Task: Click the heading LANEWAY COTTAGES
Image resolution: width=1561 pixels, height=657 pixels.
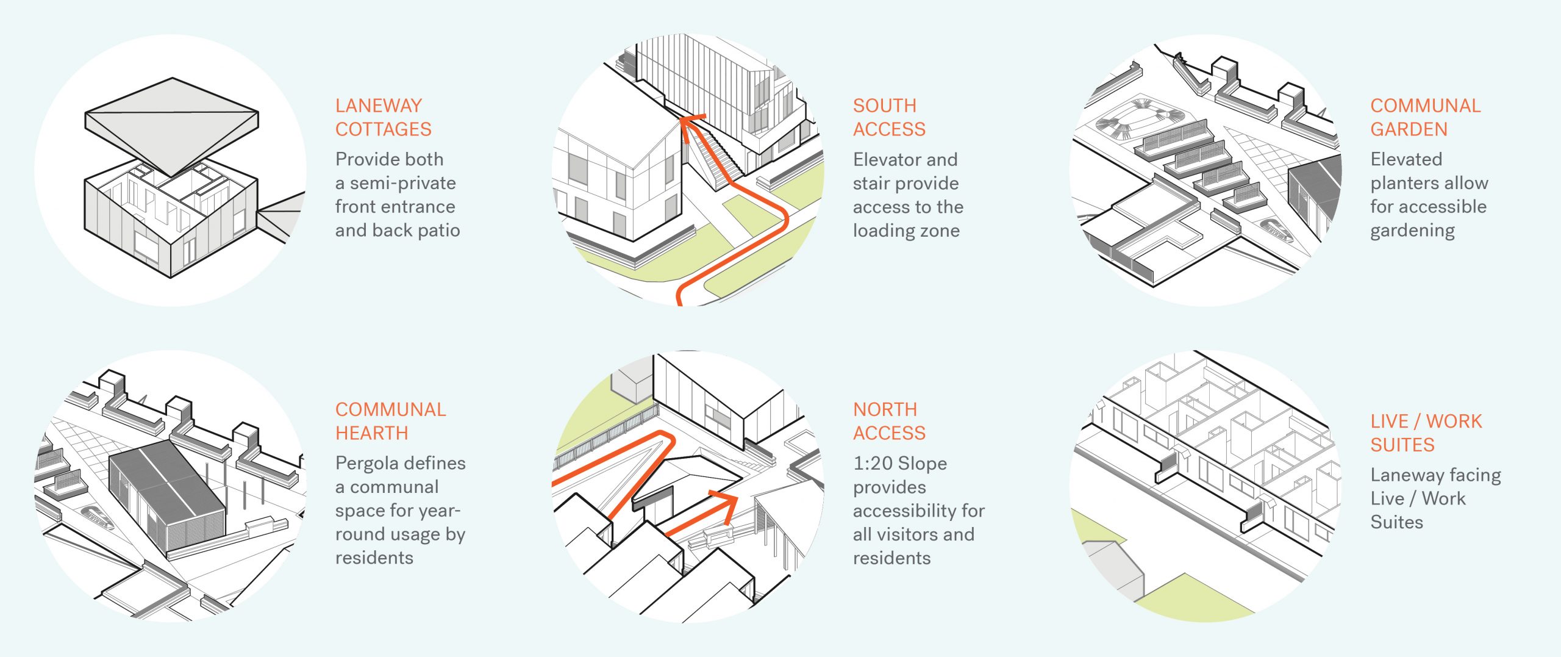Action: coord(383,117)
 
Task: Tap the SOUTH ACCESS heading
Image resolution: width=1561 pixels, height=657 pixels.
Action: coord(888,117)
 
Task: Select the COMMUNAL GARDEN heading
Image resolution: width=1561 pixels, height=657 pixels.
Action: coord(1425,117)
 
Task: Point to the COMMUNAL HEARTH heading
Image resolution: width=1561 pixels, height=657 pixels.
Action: coord(390,421)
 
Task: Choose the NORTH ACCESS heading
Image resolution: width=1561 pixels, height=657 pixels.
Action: coord(888,421)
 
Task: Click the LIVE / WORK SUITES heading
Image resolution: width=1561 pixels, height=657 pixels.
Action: coord(1426,433)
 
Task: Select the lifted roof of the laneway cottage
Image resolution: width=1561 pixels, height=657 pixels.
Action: coord(171,122)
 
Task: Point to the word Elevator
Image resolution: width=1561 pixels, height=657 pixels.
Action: coord(882,160)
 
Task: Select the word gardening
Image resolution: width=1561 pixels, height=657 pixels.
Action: coord(1412,231)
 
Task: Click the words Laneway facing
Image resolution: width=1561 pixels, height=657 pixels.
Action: coord(1435,475)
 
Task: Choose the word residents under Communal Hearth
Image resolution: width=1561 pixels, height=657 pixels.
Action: coord(374,558)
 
